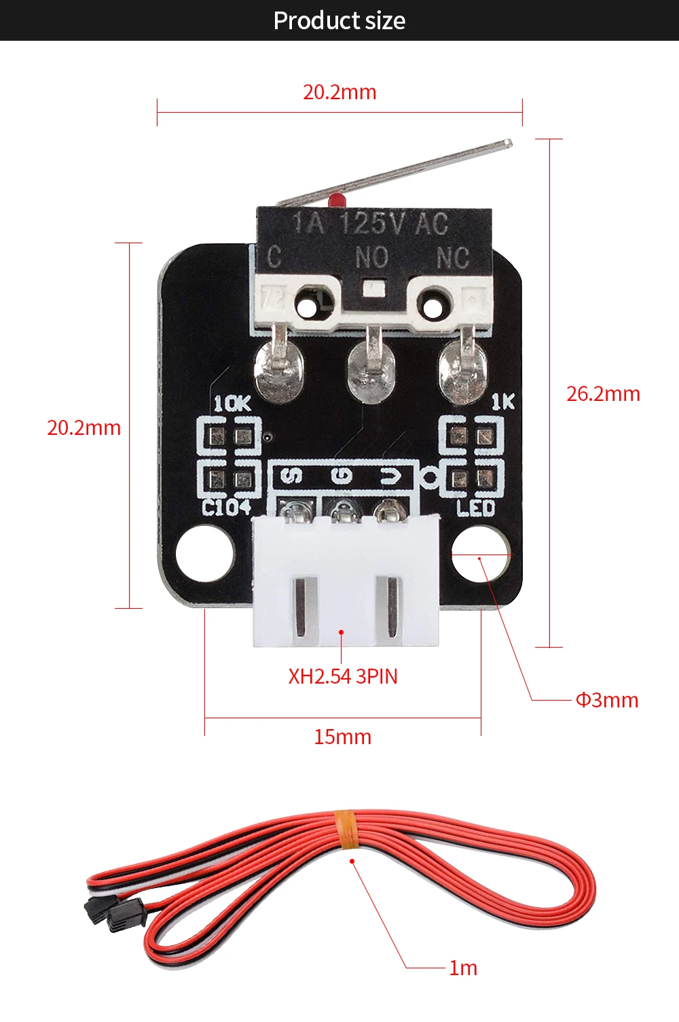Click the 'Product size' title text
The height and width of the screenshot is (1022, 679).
(x=339, y=21)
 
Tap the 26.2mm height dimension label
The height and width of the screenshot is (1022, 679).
(x=603, y=394)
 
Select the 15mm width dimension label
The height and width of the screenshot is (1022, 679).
(x=342, y=737)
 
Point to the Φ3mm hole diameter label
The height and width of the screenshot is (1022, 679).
(x=607, y=700)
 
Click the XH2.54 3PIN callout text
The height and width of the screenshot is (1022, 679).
(x=343, y=677)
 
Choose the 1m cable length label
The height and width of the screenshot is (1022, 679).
(x=463, y=968)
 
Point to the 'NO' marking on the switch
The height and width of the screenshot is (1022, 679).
(x=372, y=258)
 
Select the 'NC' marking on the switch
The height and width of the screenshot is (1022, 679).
(x=452, y=258)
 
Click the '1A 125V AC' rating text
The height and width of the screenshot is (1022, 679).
(x=370, y=223)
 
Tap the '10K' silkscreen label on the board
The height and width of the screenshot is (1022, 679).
(x=232, y=404)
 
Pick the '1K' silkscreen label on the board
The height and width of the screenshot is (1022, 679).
(x=503, y=402)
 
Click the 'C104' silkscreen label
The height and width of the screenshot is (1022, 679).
(x=227, y=507)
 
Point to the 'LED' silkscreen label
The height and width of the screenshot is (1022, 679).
(x=475, y=508)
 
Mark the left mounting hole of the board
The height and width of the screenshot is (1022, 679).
(x=204, y=554)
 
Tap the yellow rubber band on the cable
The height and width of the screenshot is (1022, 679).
(x=346, y=830)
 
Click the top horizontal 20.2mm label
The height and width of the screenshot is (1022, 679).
(x=339, y=92)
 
